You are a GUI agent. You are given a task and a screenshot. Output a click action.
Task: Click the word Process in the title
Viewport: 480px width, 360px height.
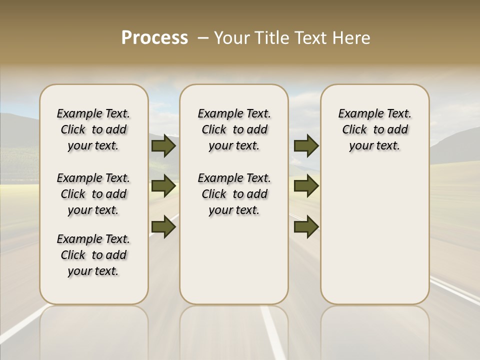click(x=154, y=37)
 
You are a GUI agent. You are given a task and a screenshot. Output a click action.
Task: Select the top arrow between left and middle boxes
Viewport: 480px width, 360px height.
click(x=163, y=145)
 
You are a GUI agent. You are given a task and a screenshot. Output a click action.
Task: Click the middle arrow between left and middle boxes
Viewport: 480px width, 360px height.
click(x=163, y=186)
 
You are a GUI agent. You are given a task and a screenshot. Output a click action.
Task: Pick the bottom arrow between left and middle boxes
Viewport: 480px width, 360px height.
click(x=163, y=227)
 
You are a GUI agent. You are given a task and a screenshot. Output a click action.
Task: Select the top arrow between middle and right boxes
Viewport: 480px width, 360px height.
click(x=306, y=145)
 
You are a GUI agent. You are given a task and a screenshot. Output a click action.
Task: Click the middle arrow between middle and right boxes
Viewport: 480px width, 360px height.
click(x=306, y=186)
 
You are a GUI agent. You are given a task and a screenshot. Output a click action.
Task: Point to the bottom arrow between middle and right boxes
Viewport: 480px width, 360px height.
click(x=306, y=227)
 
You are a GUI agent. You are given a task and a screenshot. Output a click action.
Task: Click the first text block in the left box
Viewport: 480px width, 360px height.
click(x=93, y=129)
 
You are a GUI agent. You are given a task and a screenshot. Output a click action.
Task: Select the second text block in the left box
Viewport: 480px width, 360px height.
click(x=93, y=194)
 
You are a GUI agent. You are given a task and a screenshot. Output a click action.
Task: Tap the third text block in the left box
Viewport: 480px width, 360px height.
click(x=93, y=255)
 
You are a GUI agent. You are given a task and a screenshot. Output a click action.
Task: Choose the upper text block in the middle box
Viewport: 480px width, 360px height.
click(x=234, y=129)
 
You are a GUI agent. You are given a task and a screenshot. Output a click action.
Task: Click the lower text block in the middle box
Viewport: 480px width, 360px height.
click(x=234, y=194)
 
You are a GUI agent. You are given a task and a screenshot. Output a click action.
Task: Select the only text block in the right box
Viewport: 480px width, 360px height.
click(x=374, y=129)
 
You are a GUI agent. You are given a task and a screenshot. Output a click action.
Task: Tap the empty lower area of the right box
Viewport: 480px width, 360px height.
click(x=374, y=235)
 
